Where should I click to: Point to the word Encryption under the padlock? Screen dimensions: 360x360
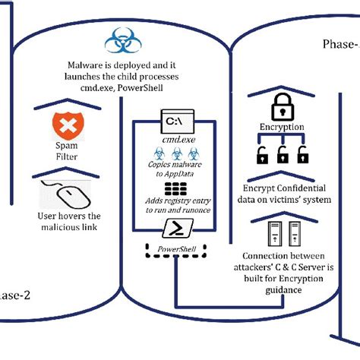tap(282, 128)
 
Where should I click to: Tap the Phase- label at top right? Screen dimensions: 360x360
tap(339, 44)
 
